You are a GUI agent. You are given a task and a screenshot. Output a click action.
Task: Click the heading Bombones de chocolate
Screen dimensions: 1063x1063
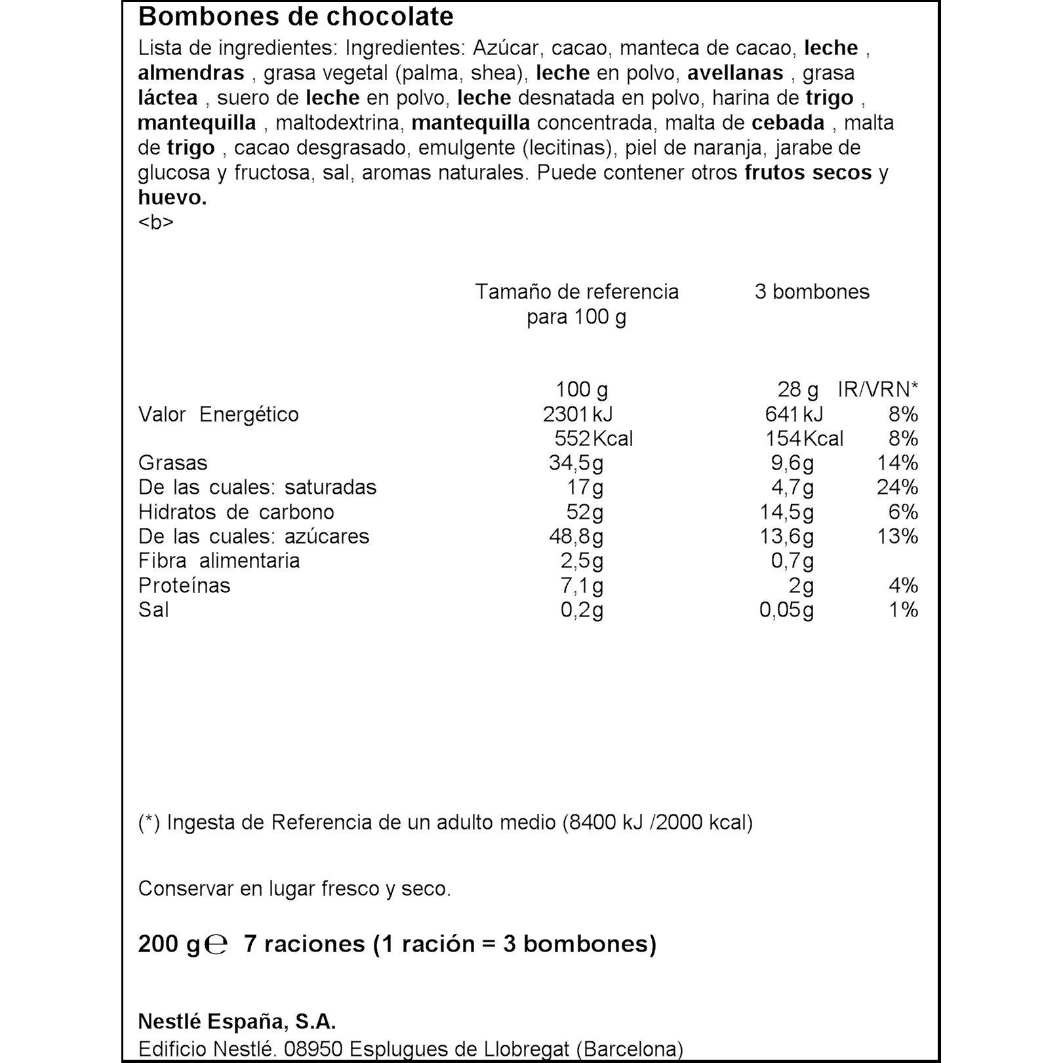[x=296, y=17]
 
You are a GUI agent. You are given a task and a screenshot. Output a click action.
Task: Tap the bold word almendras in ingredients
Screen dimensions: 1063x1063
[x=191, y=73]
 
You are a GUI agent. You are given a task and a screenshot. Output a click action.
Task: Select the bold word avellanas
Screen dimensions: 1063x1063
[x=735, y=73]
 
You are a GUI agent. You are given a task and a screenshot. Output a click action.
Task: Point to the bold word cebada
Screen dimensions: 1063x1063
[x=788, y=123]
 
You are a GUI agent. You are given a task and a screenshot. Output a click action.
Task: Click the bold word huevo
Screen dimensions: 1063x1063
[x=172, y=197]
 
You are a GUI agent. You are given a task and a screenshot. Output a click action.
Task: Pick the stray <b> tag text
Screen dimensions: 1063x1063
[x=156, y=222]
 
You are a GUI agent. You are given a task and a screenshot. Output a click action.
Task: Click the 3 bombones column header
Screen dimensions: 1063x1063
[x=812, y=292]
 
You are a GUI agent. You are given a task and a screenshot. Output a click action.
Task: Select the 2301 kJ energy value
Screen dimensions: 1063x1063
[x=578, y=414]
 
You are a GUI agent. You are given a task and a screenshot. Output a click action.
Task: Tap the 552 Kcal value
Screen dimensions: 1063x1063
[x=593, y=439]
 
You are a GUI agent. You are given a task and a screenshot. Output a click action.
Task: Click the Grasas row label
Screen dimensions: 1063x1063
[x=173, y=463]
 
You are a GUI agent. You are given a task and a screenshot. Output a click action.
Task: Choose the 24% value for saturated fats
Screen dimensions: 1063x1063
[x=897, y=487]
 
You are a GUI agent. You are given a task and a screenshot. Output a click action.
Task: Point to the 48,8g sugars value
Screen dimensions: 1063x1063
[x=576, y=536]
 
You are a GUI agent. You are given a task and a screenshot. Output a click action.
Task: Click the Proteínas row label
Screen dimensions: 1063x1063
[x=184, y=586]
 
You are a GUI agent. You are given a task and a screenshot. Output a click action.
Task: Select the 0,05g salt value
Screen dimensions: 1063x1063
[x=786, y=610]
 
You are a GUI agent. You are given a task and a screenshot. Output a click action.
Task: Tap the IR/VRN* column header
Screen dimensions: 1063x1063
[x=877, y=390]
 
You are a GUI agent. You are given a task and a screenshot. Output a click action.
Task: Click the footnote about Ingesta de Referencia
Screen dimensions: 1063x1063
[x=445, y=822]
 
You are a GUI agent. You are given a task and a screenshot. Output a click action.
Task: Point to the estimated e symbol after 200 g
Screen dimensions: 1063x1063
[x=216, y=944]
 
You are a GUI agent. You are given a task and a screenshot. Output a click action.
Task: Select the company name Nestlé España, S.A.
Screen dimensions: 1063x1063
[x=237, y=1022]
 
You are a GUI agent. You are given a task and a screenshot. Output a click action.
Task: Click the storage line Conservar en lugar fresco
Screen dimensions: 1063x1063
[x=294, y=889]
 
